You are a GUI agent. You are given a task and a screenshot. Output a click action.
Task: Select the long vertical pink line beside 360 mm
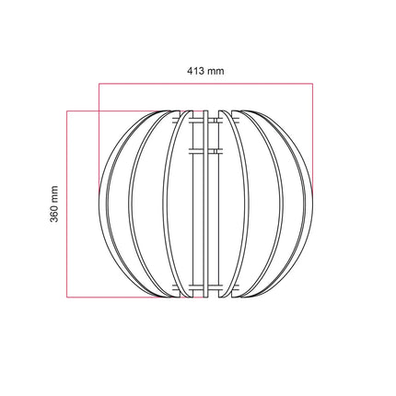(x=69, y=204)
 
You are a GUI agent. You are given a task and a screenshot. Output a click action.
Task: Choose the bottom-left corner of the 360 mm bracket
(x=69, y=297)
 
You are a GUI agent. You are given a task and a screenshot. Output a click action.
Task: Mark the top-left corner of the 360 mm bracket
(x=69, y=111)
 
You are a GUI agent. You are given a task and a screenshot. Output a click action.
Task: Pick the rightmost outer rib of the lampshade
(x=309, y=204)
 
